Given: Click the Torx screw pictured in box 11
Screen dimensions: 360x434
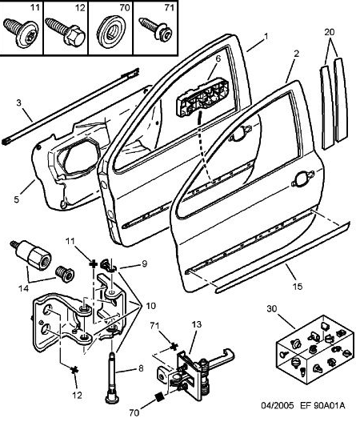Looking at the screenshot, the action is [x=21, y=33].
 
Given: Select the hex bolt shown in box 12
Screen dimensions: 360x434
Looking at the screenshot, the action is [x=66, y=32].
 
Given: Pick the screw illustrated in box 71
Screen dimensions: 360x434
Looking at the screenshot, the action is [x=155, y=29].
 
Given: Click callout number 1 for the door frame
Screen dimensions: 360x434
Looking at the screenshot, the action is [x=266, y=36].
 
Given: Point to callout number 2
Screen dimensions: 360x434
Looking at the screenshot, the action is [x=296, y=54].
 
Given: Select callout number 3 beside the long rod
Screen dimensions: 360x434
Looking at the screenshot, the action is [x=18, y=103].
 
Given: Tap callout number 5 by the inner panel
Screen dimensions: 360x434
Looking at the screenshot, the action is [x=17, y=199].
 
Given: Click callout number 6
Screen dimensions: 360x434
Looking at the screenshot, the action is [x=218, y=58].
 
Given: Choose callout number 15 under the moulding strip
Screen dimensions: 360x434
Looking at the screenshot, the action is [x=298, y=286].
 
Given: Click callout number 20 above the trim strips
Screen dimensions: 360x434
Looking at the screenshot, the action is [x=330, y=32].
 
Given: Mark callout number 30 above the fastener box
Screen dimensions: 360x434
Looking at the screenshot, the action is [x=272, y=308].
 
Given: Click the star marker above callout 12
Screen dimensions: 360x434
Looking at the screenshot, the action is [x=74, y=370].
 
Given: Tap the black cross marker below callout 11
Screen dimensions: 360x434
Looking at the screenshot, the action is [x=93, y=264].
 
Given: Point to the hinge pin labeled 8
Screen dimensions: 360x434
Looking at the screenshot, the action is [x=111, y=376].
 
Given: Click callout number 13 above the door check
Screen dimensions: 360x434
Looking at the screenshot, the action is [x=196, y=324].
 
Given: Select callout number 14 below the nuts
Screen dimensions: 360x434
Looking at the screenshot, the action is [x=23, y=288].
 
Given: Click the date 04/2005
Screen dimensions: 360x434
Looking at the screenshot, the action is [x=278, y=405].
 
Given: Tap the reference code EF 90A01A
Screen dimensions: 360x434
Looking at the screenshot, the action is [x=322, y=405].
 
